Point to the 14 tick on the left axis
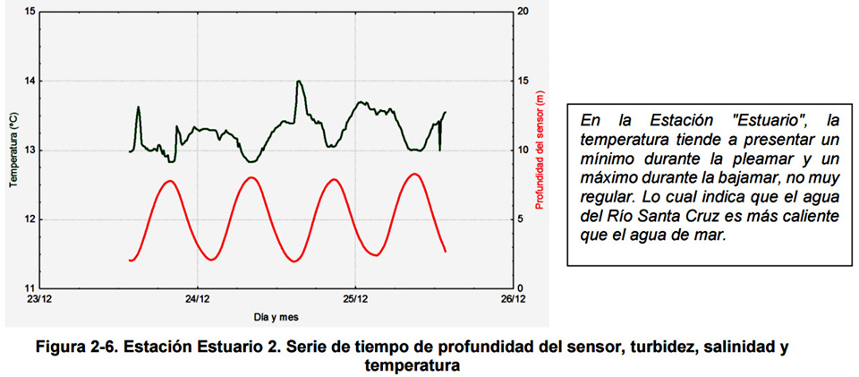(x=30, y=81)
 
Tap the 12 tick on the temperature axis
(x=30, y=219)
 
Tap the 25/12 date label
(x=354, y=300)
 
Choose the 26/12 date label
(x=512, y=300)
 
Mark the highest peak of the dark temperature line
(x=299, y=81)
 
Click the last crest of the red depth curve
(x=413, y=174)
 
